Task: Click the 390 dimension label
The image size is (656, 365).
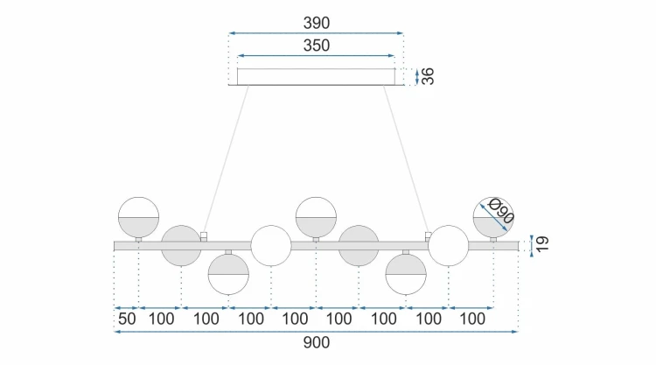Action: (317, 23)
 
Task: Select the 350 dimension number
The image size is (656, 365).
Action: (317, 46)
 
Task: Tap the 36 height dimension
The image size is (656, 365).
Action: (428, 76)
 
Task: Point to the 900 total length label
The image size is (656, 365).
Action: (317, 342)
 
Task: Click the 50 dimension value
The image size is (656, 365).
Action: (127, 319)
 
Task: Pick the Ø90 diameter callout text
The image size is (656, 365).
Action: (501, 211)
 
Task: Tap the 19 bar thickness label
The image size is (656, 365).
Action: (541, 243)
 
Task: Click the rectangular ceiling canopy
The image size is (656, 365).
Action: (316, 77)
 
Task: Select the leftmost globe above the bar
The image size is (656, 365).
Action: (138, 217)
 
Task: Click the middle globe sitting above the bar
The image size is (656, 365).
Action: (316, 217)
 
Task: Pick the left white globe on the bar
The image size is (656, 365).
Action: (270, 246)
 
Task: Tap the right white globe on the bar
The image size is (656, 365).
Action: (449, 246)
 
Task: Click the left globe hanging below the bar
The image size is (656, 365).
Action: (228, 274)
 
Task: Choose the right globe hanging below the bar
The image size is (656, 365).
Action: (406, 274)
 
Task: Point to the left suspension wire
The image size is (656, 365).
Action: (226, 159)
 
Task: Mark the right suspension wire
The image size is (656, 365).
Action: (406, 159)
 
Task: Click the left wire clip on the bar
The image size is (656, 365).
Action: (204, 236)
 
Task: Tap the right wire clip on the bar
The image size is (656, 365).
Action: (428, 236)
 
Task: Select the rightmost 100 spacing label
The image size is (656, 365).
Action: (472, 319)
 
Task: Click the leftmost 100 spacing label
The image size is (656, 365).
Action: (162, 319)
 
